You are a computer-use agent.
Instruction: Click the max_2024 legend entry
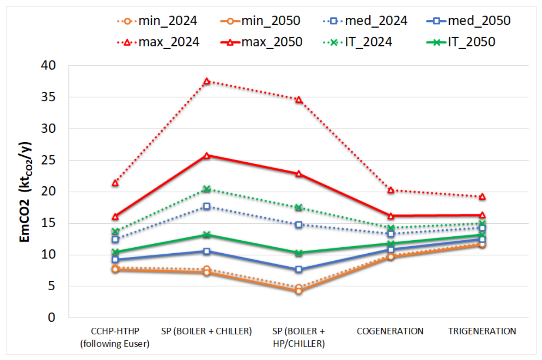[x=158, y=42]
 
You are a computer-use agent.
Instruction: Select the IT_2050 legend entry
[x=461, y=42]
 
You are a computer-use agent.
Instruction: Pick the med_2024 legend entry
[x=365, y=21]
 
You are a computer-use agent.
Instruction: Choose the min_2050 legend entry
[x=260, y=21]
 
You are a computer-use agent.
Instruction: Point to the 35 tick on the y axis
[x=48, y=97]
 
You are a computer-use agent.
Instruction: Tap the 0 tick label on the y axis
[x=52, y=317]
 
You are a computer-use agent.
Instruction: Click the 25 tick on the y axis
[x=48, y=160]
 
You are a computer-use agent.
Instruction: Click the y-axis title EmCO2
[x=24, y=221]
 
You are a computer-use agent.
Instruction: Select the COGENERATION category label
[x=390, y=331]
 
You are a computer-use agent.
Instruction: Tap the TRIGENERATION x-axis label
[x=482, y=331]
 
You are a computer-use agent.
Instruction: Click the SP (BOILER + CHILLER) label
[x=207, y=331]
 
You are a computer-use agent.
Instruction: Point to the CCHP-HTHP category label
[x=115, y=331]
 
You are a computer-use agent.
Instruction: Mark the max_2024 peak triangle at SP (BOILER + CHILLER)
[x=207, y=81]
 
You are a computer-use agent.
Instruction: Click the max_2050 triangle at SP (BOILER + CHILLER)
[x=207, y=156]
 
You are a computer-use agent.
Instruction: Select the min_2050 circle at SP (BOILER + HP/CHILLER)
[x=298, y=291]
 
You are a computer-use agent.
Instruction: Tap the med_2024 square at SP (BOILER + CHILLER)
[x=207, y=206]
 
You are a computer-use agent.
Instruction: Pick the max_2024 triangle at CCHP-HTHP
[x=115, y=183]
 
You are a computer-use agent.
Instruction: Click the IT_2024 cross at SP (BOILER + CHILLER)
[x=207, y=189]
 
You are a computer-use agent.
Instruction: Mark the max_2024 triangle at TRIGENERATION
[x=482, y=197]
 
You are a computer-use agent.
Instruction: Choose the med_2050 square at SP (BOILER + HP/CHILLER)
[x=298, y=269]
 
